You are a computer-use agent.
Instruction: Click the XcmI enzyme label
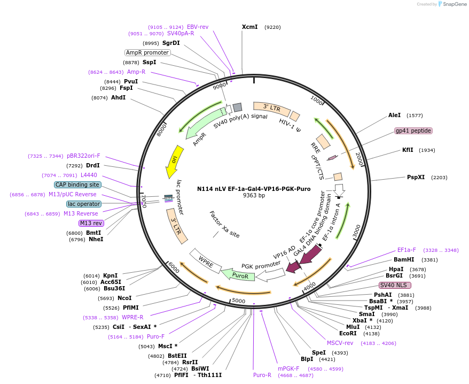pyautogui.click(x=249, y=27)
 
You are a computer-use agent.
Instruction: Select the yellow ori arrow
pyautogui.click(x=174, y=162)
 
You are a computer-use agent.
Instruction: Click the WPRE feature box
pyautogui.click(x=206, y=262)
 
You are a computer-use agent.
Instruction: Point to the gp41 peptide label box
pyautogui.click(x=413, y=130)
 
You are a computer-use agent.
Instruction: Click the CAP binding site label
pyautogui.click(x=77, y=185)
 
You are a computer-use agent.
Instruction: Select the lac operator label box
pyautogui.click(x=83, y=204)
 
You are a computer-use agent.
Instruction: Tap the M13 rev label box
pyautogui.click(x=91, y=223)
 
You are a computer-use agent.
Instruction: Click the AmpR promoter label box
pyautogui.click(x=147, y=52)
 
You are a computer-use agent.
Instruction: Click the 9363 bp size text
pyautogui.click(x=254, y=196)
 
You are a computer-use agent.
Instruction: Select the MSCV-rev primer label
pyautogui.click(x=340, y=343)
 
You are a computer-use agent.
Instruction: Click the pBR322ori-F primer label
pyautogui.click(x=83, y=156)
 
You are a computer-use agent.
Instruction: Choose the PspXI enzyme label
pyautogui.click(x=416, y=177)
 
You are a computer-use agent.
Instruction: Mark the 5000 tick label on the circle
pyautogui.click(x=238, y=301)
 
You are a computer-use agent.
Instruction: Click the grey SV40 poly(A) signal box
pyautogui.click(x=237, y=107)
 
